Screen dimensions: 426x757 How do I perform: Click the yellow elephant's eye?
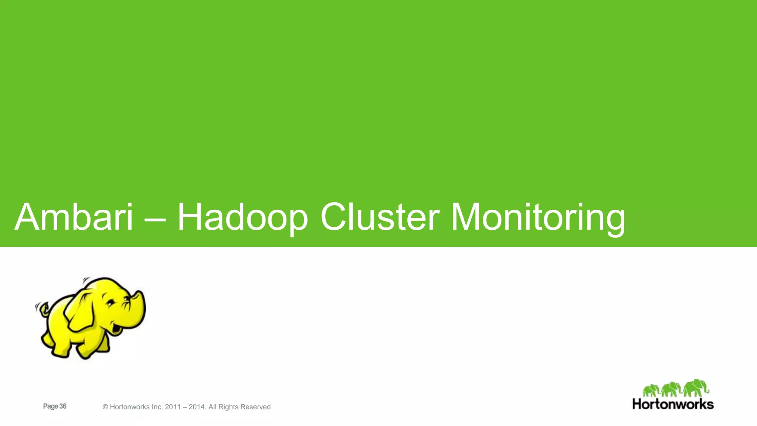click(x=110, y=302)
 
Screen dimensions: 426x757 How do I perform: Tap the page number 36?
click(x=63, y=406)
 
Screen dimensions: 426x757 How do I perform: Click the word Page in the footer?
click(x=51, y=406)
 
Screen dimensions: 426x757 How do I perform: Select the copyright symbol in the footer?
click(x=105, y=407)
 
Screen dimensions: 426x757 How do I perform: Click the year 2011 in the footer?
click(x=173, y=407)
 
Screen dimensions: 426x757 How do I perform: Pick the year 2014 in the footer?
click(x=197, y=407)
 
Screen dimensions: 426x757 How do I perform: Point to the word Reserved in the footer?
click(x=255, y=407)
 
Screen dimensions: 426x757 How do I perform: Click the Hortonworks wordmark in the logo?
click(x=673, y=404)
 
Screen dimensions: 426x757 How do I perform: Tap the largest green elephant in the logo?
click(x=695, y=388)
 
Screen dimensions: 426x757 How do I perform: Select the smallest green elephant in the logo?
click(x=651, y=390)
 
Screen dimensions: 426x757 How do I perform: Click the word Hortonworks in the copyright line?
click(x=130, y=407)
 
